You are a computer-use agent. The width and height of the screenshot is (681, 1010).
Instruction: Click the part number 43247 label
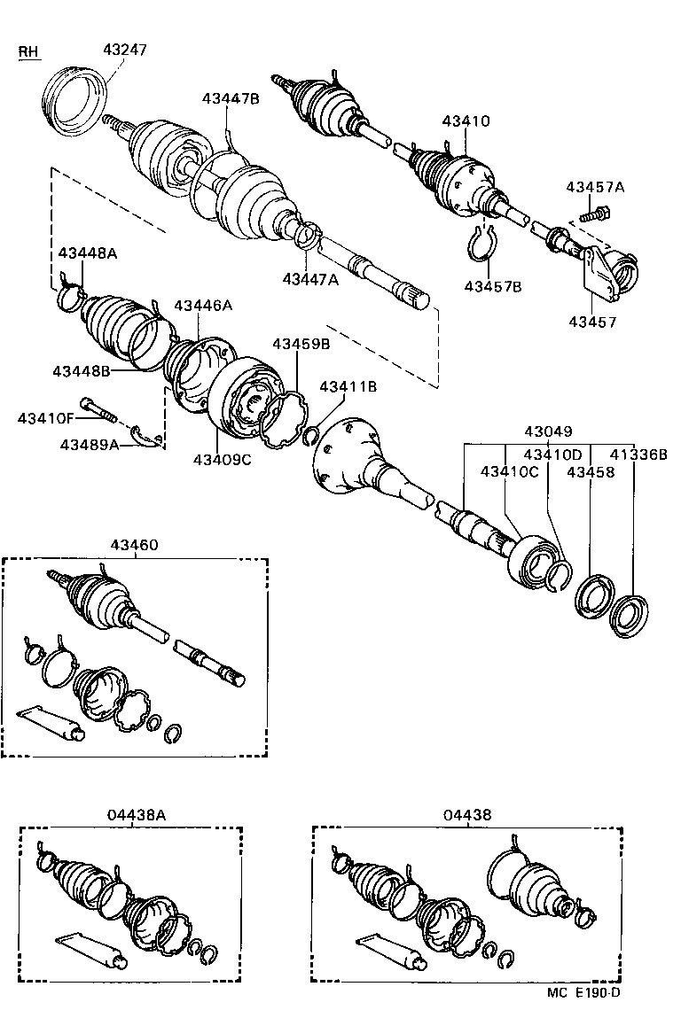tap(125, 50)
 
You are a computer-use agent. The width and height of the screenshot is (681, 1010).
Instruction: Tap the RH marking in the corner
tap(29, 52)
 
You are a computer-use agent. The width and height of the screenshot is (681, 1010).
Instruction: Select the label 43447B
tap(230, 98)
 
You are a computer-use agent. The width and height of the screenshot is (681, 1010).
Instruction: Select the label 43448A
tap(88, 253)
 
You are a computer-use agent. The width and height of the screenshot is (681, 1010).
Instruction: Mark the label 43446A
tap(202, 305)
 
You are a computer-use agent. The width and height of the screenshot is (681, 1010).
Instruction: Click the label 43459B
tap(301, 344)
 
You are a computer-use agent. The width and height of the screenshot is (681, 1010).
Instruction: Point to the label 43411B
tap(348, 386)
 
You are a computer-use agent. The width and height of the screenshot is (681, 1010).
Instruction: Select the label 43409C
tap(222, 459)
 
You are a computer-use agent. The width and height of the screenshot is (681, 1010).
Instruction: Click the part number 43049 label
tap(549, 431)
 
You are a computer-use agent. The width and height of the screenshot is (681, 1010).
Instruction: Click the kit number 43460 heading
tap(135, 545)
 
